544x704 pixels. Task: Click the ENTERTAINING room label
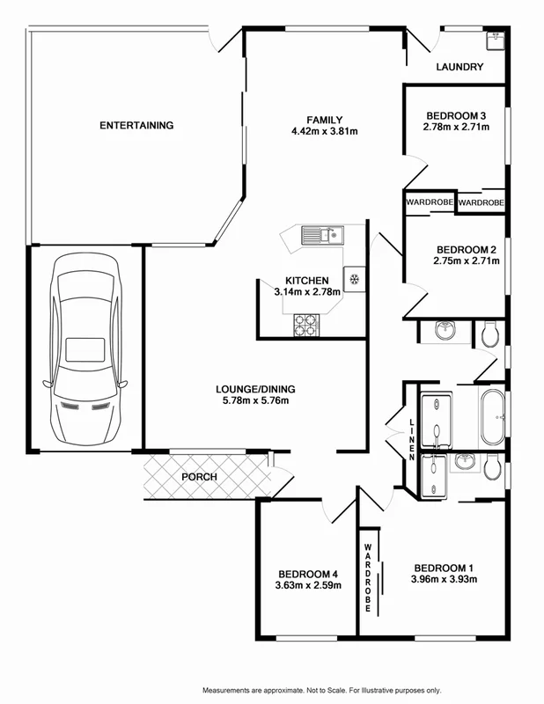(x=136, y=125)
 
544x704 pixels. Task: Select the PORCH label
(x=199, y=477)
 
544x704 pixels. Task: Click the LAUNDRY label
(x=459, y=67)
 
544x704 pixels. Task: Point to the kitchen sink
(x=321, y=235)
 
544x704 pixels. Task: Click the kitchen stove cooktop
(x=305, y=328)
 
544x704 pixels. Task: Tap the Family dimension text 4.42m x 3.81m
(x=324, y=132)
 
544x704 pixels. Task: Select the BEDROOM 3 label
(x=456, y=115)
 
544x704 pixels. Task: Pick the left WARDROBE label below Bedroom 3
(x=430, y=202)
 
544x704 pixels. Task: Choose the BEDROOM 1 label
(x=444, y=567)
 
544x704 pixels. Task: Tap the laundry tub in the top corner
(x=495, y=39)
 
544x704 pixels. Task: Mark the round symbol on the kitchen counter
(x=353, y=279)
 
